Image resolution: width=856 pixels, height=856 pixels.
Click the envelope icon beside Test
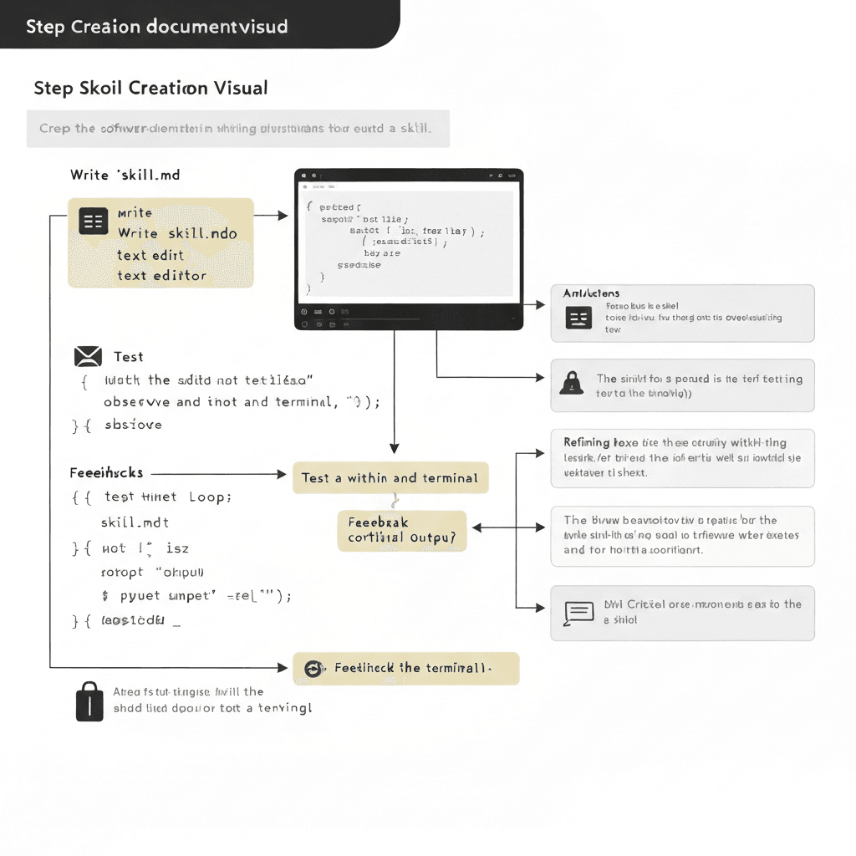coord(88,357)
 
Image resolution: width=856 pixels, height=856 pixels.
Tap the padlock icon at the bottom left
coord(89,701)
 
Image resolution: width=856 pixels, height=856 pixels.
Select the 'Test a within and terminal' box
coord(390,478)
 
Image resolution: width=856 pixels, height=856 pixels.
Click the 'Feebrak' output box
coord(402,530)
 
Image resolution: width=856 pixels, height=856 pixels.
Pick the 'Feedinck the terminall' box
coord(406,669)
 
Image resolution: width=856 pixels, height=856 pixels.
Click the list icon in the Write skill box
coord(93,221)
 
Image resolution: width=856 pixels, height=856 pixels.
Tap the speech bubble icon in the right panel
coord(578,614)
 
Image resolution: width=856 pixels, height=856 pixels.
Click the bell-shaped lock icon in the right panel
coord(572,384)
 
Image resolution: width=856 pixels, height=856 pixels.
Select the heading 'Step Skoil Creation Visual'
coord(150,88)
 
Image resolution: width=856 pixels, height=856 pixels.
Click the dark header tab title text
coord(157,26)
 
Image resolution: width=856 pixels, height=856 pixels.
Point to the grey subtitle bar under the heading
coord(237,129)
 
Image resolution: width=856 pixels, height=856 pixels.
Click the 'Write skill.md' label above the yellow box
coord(125,175)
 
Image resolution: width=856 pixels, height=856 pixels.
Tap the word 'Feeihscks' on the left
coord(106,473)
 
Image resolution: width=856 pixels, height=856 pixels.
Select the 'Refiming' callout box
coord(682,457)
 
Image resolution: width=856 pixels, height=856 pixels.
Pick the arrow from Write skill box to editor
coord(271,216)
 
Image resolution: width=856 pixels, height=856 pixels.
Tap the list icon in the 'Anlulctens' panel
coord(578,318)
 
